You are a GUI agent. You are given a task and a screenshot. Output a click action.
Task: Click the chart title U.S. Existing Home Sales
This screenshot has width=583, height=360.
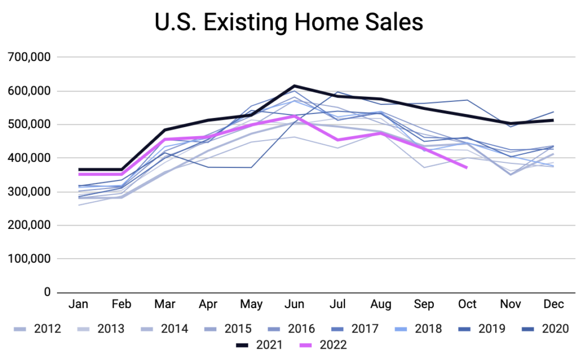(x=289, y=22)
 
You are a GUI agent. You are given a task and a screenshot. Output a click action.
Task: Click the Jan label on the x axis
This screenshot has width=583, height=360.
(x=79, y=305)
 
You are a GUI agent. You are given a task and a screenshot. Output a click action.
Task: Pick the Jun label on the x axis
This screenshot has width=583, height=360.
(x=294, y=305)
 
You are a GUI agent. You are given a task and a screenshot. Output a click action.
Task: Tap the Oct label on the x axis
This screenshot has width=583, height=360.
(x=467, y=305)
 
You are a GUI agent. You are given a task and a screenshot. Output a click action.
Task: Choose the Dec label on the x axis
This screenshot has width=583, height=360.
(x=553, y=305)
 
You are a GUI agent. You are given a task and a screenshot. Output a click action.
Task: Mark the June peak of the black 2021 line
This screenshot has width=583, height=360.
(x=294, y=86)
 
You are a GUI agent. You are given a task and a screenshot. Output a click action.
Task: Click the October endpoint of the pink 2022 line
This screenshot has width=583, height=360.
(x=467, y=167)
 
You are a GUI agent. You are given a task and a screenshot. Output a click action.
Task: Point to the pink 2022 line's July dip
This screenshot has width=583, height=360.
(x=337, y=140)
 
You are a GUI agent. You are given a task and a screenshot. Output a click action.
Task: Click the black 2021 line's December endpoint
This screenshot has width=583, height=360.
(x=553, y=120)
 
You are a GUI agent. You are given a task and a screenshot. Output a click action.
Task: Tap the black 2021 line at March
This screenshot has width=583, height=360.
(x=165, y=130)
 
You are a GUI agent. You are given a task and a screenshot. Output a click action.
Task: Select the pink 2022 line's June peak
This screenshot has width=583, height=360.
(x=294, y=116)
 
